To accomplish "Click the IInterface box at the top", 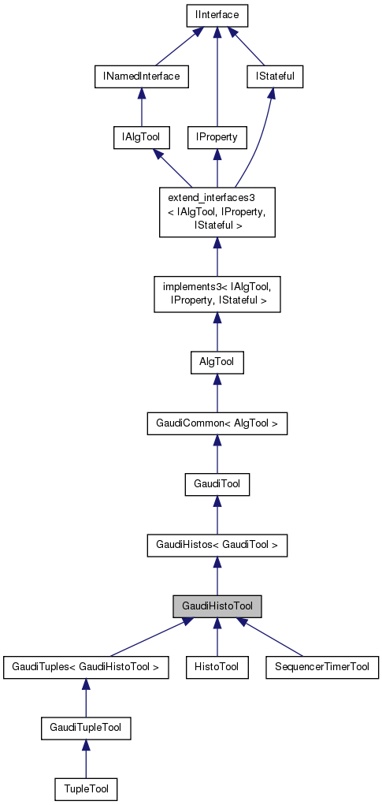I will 217,14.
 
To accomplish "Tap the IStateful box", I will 270,76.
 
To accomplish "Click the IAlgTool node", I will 137,137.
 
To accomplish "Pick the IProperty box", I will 217,137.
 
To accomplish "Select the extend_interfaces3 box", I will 217,212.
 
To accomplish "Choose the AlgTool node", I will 217,363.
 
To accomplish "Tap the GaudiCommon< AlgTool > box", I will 217,424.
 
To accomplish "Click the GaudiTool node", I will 217,484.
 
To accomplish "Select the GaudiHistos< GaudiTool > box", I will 217,545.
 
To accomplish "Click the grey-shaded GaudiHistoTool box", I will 217,606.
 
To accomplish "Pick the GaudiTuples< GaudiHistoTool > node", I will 86,667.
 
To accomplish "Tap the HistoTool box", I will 217,667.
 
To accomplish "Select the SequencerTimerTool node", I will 322,667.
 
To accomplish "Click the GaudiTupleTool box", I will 86,728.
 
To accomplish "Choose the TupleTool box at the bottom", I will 86,788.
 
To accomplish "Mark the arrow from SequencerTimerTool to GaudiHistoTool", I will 272,638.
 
